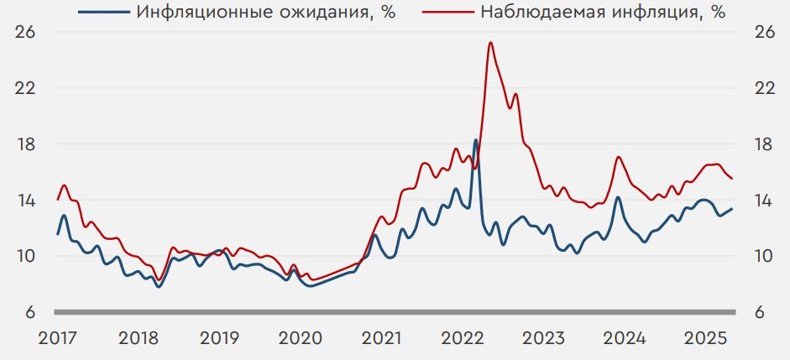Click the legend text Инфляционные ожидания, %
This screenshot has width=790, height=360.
point(266,12)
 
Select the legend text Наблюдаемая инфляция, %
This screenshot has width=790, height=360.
point(604,12)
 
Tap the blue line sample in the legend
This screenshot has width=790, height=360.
point(104,13)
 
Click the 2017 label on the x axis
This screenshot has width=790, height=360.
point(59,338)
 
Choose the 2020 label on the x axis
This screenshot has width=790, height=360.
point(301,338)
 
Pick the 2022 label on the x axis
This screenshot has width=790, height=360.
point(463,338)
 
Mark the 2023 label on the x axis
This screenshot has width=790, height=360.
point(543,338)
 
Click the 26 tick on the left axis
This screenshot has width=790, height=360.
point(25,32)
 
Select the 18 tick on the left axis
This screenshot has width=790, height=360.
point(25,144)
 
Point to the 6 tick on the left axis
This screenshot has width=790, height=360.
point(29,313)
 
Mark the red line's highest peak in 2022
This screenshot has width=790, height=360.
point(490,43)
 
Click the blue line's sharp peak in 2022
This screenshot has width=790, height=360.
point(476,140)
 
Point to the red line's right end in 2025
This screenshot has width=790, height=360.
point(732,179)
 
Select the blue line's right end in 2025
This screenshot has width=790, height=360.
point(732,209)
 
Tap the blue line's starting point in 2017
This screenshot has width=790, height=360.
point(58,234)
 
